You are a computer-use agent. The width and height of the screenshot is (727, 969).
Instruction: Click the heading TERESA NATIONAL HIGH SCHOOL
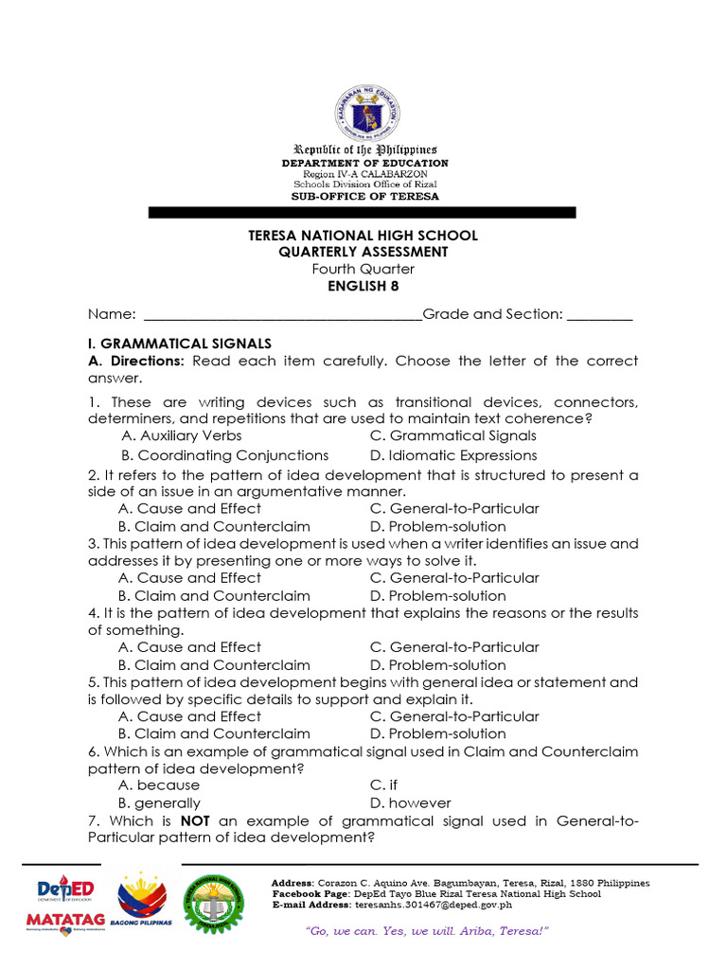[363, 235]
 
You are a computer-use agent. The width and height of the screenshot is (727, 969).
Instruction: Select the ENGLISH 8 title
[363, 287]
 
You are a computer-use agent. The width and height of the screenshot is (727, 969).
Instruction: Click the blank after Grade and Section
[600, 315]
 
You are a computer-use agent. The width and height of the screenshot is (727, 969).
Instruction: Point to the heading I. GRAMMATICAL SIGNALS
[180, 344]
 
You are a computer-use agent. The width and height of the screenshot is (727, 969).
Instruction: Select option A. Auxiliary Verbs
[182, 435]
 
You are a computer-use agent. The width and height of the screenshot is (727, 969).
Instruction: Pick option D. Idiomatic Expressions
[453, 455]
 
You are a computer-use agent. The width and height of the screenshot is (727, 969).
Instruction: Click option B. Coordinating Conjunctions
[224, 455]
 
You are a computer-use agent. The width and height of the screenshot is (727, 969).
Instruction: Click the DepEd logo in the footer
[65, 891]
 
